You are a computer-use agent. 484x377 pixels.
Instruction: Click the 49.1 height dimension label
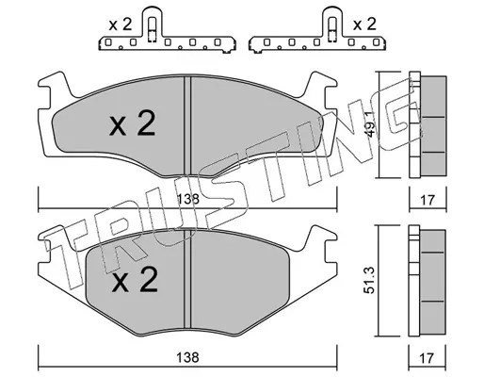pyautogui.click(x=370, y=124)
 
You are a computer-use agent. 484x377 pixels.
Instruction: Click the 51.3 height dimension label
pyautogui.click(x=370, y=280)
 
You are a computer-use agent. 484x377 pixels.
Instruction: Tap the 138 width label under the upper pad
pyautogui.click(x=187, y=199)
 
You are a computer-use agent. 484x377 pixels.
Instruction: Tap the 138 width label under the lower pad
pyautogui.click(x=187, y=357)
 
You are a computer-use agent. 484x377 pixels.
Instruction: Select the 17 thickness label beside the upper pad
pyautogui.click(x=428, y=200)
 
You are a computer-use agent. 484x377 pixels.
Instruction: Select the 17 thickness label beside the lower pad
pyautogui.click(x=428, y=358)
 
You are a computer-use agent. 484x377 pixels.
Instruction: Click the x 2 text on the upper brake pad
pyautogui.click(x=132, y=123)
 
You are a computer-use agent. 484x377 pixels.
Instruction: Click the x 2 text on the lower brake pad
pyautogui.click(x=135, y=280)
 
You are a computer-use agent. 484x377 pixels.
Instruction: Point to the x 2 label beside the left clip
pyautogui.click(x=121, y=25)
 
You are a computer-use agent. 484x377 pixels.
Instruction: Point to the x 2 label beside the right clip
pyautogui.click(x=364, y=25)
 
